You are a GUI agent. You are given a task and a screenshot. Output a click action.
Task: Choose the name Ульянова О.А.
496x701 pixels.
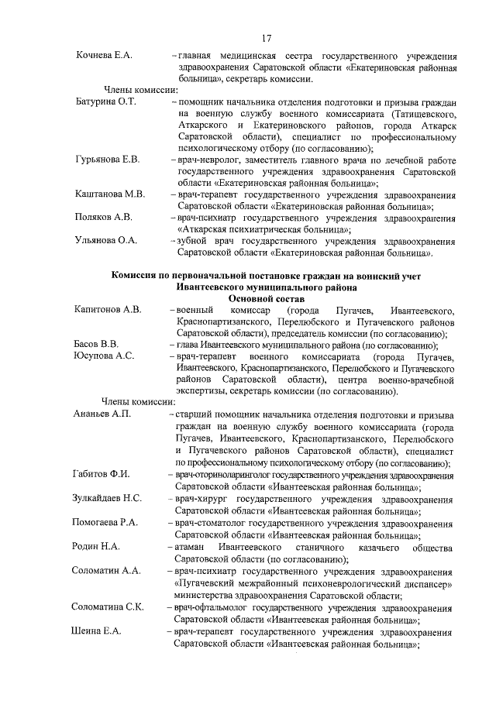[x=106, y=240]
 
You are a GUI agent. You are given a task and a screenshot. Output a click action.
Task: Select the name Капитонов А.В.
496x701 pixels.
[x=108, y=310]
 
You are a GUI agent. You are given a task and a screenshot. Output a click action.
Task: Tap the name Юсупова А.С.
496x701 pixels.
[x=104, y=356]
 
